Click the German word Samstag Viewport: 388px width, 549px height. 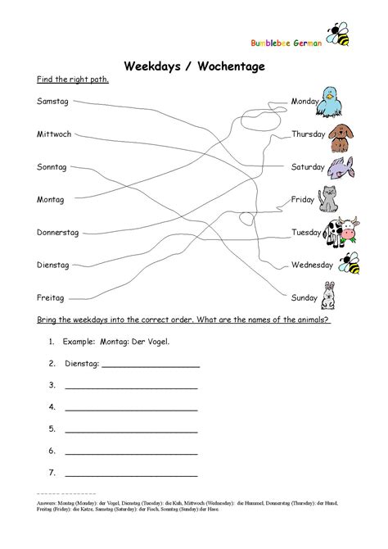click(x=52, y=101)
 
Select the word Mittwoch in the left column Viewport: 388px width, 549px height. click(x=54, y=134)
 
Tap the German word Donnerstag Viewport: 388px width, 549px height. click(x=58, y=233)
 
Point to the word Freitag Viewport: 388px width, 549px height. click(x=51, y=298)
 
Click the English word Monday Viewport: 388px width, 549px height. click(x=305, y=101)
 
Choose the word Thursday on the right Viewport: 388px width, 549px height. click(x=309, y=134)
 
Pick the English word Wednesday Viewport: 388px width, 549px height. click(x=312, y=265)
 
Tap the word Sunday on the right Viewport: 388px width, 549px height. click(x=305, y=298)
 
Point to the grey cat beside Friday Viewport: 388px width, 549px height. click(x=328, y=200)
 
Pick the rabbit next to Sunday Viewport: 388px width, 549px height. click(x=330, y=296)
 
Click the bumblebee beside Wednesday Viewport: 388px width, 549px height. click(x=350, y=264)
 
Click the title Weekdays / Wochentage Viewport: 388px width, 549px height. click(x=193, y=66)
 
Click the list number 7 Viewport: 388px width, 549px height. click(x=52, y=473)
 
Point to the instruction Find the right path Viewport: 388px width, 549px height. click(x=73, y=81)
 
